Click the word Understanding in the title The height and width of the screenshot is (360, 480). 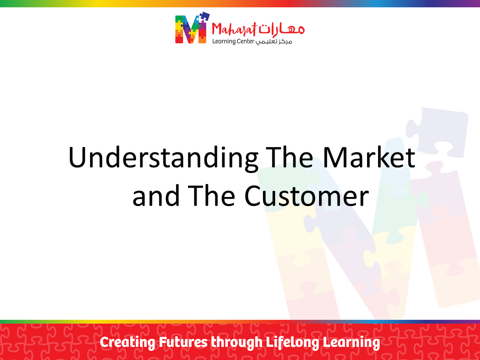pyautogui.click(x=163, y=158)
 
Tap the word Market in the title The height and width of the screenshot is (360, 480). pyautogui.click(x=369, y=157)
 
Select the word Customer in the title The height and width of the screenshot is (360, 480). pyautogui.click(x=306, y=196)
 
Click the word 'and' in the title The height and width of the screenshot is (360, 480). pyautogui.click(x=156, y=196)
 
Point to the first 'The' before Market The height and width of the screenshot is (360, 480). pyautogui.click(x=289, y=157)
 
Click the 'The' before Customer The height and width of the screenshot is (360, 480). pyautogui.click(x=211, y=196)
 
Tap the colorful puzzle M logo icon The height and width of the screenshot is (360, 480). pyautogui.click(x=192, y=28)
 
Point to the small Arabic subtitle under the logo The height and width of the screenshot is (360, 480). pyautogui.click(x=274, y=41)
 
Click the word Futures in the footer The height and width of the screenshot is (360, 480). pyautogui.click(x=183, y=342)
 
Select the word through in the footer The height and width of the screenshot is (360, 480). pyautogui.click(x=236, y=342)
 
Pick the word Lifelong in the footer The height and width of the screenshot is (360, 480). pyautogui.click(x=292, y=342)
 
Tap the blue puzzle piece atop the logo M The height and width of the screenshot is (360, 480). pyautogui.click(x=202, y=17)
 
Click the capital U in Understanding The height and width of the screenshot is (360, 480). pyautogui.click(x=77, y=157)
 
